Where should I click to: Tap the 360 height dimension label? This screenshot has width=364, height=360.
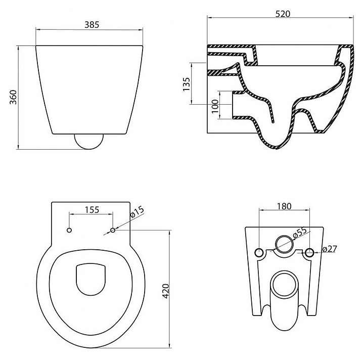pos(14,97)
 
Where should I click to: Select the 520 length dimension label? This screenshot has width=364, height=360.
pos(283,14)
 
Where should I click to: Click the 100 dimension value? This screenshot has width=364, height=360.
pos(215,105)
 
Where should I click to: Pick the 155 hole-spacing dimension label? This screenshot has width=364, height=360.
pos(92,209)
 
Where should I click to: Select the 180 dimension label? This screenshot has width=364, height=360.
pos(285,206)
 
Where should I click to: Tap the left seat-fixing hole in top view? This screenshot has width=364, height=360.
pos(70,231)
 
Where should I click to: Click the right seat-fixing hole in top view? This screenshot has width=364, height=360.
pos(112,231)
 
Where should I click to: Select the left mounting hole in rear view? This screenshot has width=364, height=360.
pos(259,252)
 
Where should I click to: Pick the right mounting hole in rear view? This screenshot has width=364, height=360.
pos(310,252)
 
